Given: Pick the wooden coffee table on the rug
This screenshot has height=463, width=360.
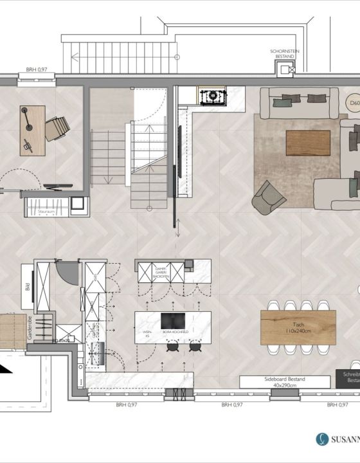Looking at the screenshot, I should pyautogui.click(x=308, y=143).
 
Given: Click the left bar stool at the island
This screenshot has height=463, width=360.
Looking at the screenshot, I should pyautogui.click(x=173, y=347).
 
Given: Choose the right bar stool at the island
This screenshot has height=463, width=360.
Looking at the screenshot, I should pyautogui.click(x=194, y=347).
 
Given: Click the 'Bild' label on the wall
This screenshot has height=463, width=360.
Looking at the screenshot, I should pyautogui.click(x=28, y=285).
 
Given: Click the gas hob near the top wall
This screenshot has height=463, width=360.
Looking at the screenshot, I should pyautogui.click(x=210, y=97).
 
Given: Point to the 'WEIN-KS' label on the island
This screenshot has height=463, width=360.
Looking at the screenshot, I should pyautogui.click(x=146, y=332).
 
